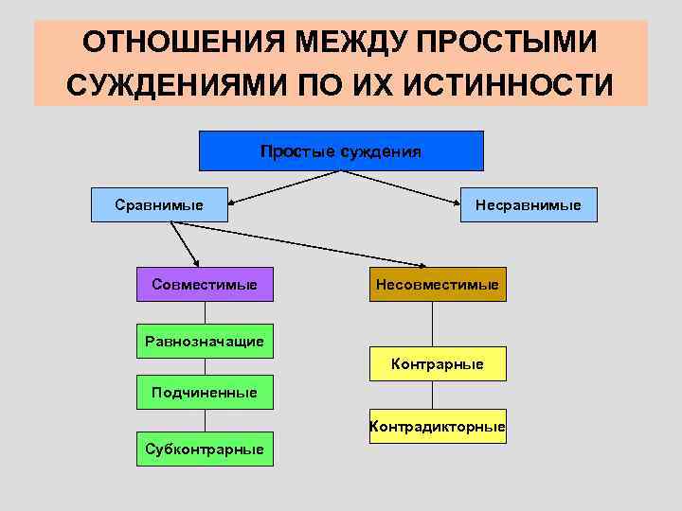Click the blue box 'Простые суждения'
341,150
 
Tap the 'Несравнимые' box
529,204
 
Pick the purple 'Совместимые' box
205,284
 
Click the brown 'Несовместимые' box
437,284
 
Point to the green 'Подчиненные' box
205,391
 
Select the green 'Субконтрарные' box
205,449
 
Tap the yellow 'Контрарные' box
437,363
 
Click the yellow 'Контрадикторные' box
437,427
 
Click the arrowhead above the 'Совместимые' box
197,262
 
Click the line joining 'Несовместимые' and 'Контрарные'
433,324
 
